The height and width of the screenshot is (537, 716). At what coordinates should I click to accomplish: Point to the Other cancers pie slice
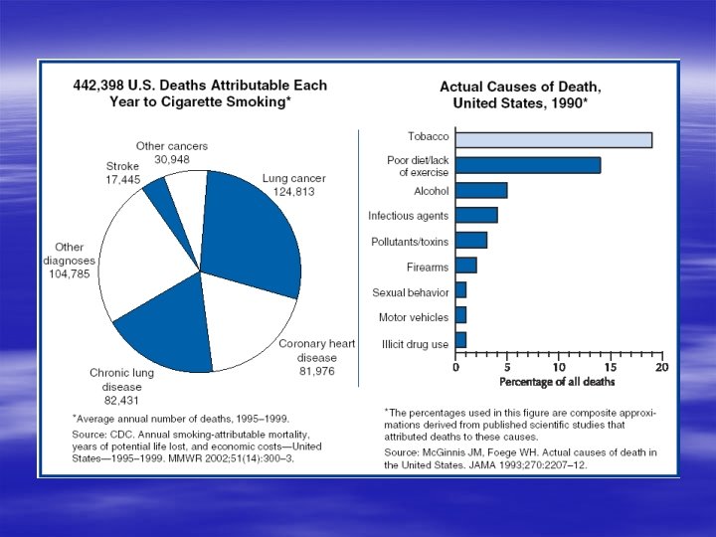pos(188,189)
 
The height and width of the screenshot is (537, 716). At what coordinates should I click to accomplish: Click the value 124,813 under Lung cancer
pos(293,191)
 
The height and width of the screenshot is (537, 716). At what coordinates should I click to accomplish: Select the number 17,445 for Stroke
pos(124,180)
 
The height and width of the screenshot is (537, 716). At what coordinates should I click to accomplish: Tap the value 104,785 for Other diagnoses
pos(70,274)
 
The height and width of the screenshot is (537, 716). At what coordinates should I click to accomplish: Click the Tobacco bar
pos(553,139)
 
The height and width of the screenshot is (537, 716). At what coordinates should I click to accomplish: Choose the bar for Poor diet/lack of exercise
pos(527,165)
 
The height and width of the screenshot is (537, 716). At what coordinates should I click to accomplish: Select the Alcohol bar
pos(481,190)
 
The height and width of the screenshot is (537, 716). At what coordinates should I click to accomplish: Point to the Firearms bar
pos(466,266)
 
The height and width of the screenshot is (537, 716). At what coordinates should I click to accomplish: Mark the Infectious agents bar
pos(476,215)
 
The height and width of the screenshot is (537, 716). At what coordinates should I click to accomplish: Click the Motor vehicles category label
pos(414,317)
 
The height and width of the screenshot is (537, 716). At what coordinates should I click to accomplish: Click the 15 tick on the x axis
pos(611,367)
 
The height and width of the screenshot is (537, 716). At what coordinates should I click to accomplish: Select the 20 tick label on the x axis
pos(662,367)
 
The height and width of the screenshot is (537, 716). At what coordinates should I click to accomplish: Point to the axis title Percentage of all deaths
pos(557,382)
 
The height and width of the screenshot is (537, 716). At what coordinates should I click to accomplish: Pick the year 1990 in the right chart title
pos(568,102)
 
